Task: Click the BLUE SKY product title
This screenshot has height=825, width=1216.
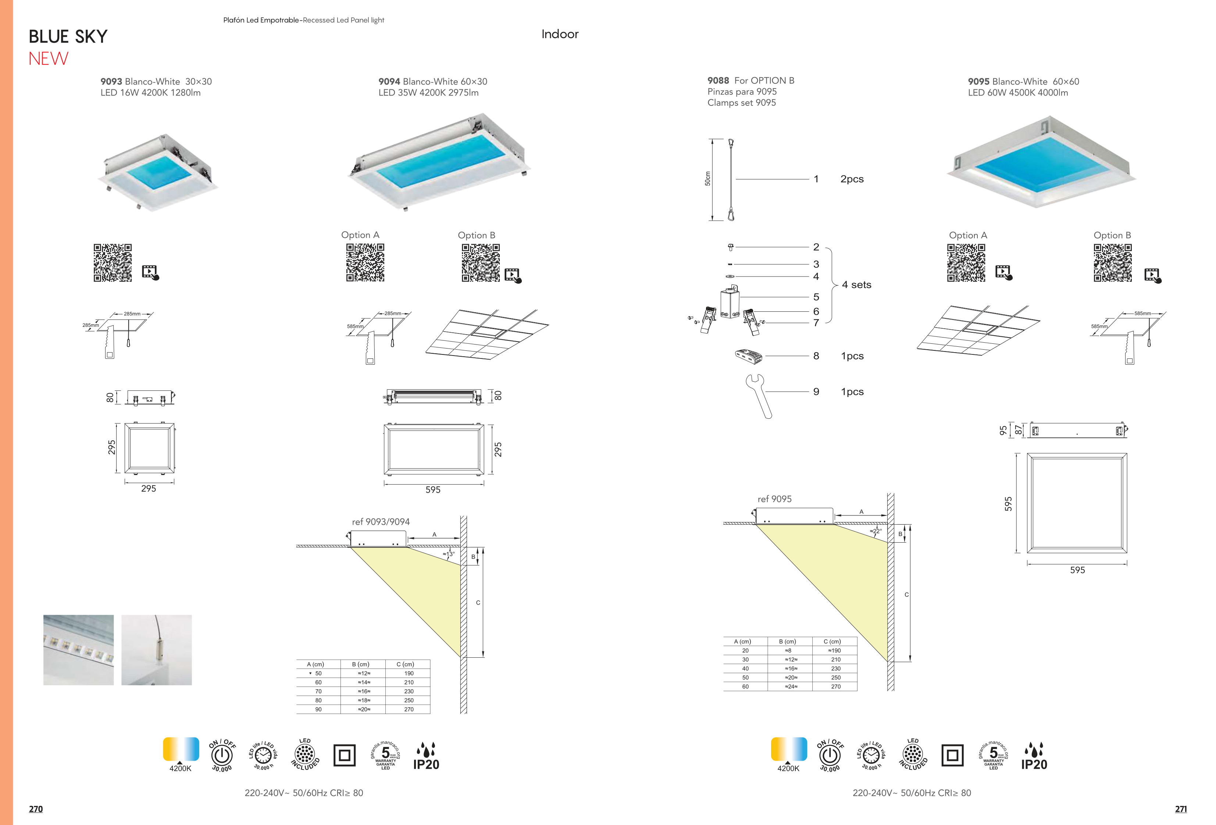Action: [x=68, y=37]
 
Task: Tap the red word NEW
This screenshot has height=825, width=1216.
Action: [x=48, y=58]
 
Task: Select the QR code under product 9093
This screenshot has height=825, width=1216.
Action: [x=113, y=262]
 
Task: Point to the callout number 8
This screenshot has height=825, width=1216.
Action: [x=816, y=356]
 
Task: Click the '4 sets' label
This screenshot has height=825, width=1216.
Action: [x=856, y=285]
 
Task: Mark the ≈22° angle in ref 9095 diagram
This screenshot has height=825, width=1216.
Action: [x=876, y=531]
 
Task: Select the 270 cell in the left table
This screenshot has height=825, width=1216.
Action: [x=409, y=710]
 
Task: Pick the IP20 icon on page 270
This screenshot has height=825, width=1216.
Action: [x=426, y=757]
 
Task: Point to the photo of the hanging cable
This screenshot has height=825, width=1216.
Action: [x=156, y=650]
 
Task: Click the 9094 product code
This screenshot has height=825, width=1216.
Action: [x=389, y=82]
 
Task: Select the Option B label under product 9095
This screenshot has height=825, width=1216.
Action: [x=1112, y=235]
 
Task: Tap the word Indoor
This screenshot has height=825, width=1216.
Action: [x=560, y=34]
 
